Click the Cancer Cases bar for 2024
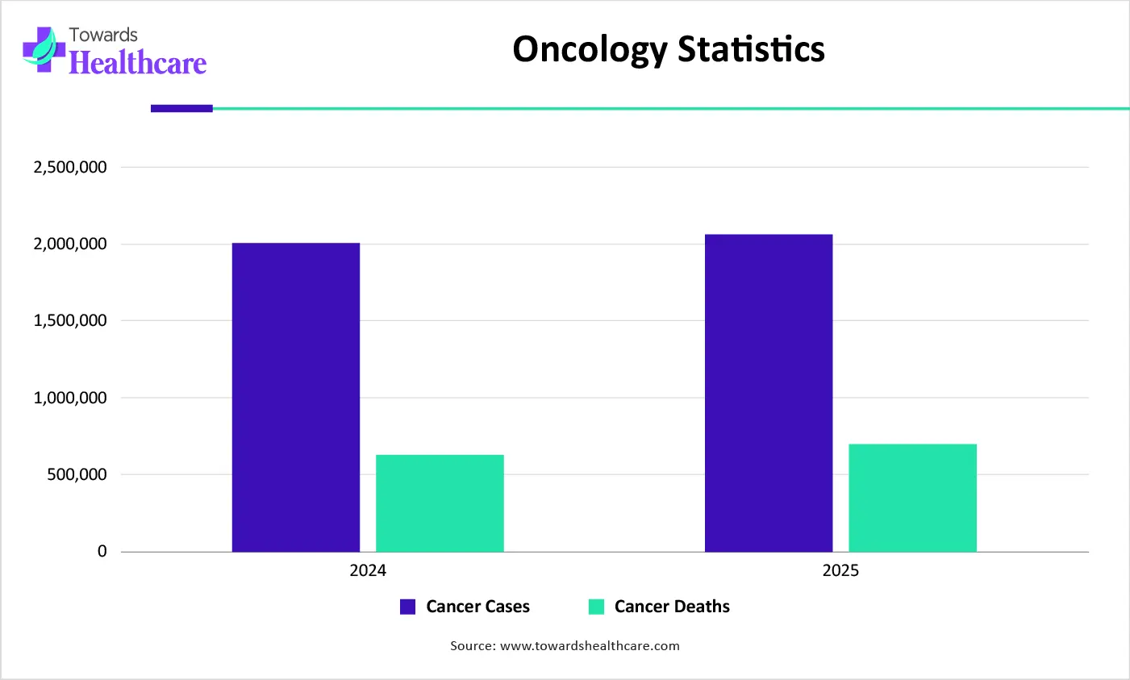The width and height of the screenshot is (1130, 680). [x=295, y=397]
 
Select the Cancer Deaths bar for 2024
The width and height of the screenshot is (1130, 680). [x=440, y=503]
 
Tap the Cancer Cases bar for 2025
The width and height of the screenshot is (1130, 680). [x=768, y=393]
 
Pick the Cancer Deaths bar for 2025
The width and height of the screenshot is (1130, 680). [x=912, y=498]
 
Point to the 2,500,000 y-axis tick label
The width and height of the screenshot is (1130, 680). [x=70, y=167]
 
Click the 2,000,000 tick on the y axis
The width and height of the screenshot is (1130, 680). [x=70, y=244]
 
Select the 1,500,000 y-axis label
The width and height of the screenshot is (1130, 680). [x=70, y=320]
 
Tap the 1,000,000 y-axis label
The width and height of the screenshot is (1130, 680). [x=70, y=398]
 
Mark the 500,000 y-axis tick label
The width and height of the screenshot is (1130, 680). [x=77, y=474]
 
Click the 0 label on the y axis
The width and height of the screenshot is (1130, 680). [x=102, y=552]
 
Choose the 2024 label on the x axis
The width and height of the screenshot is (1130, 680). [x=368, y=571]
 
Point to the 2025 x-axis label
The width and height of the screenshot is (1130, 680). [x=840, y=571]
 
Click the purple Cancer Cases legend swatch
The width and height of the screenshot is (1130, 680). [x=408, y=607]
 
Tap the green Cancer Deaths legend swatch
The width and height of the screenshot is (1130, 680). [x=596, y=607]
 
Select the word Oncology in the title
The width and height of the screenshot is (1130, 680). [x=590, y=50]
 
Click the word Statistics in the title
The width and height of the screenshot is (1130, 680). [x=751, y=48]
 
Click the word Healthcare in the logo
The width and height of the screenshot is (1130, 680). [x=138, y=63]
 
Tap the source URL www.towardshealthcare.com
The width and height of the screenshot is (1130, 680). [x=590, y=646]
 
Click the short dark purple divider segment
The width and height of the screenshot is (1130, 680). [x=181, y=108]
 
